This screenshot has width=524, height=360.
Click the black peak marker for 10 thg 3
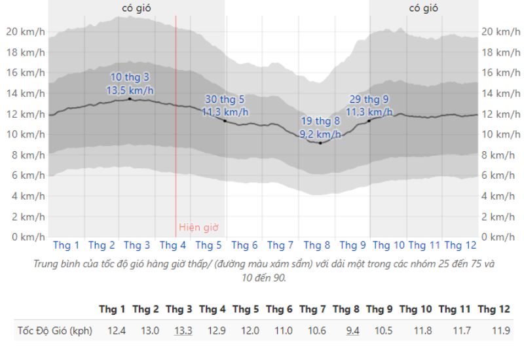[130, 99]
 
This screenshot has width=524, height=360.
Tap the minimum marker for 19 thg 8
[320, 142]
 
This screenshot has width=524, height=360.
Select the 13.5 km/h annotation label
[130, 90]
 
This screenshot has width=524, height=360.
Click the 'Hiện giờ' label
[198, 228]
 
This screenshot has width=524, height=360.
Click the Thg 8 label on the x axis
[317, 245]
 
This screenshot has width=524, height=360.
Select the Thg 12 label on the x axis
[460, 245]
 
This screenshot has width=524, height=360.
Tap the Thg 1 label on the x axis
[66, 245]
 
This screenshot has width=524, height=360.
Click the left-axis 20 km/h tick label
[26, 31]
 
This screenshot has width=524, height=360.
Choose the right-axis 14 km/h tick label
[496, 93]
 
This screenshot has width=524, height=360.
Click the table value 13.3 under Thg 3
[183, 331]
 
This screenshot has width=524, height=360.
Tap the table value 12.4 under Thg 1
[116, 331]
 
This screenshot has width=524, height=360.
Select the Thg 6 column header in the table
[279, 308]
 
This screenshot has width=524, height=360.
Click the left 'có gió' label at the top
[139, 8]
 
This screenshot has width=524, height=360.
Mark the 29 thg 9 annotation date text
[368, 99]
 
